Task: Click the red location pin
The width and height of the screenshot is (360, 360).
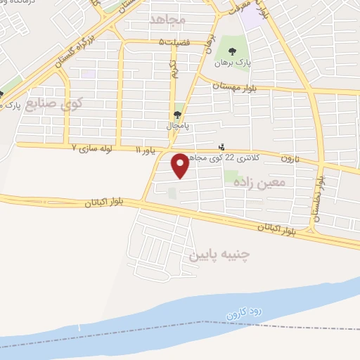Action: point(181,165)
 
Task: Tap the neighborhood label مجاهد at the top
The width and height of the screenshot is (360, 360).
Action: point(167,20)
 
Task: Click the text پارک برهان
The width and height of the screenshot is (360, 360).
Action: point(233,63)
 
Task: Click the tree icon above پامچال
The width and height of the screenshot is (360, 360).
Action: point(177,115)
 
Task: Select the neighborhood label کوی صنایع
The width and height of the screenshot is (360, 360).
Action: point(53,105)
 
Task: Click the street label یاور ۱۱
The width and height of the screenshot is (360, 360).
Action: point(144,150)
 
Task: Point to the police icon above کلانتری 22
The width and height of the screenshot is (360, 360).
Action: point(222,148)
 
